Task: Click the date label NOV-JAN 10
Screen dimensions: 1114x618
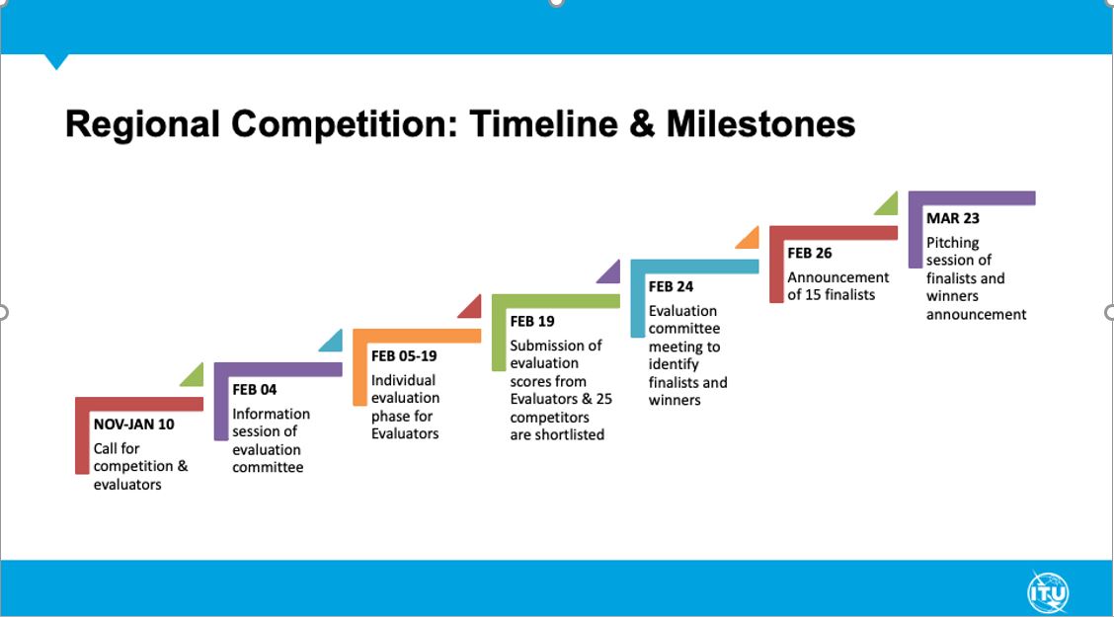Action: tap(133, 425)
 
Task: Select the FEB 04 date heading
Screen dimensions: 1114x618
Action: tap(255, 389)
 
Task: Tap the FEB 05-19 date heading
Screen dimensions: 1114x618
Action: tap(404, 355)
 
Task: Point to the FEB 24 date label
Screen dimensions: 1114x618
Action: tap(671, 286)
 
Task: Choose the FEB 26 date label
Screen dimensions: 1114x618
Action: tap(809, 253)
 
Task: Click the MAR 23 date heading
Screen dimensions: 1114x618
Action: tap(953, 218)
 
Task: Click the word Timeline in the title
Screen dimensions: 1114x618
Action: tap(543, 123)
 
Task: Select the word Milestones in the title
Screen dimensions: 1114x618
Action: tap(760, 123)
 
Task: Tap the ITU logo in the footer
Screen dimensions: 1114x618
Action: tap(1048, 592)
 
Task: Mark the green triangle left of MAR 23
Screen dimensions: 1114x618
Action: tap(889, 205)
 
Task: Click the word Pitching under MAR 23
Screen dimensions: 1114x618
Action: tap(952, 244)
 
